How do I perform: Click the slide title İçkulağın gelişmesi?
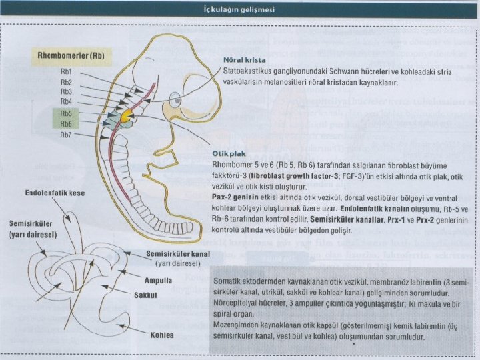(x=240, y=10)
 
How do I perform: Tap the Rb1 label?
(x=67, y=71)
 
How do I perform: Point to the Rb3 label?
(x=67, y=91)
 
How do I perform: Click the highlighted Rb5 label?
(x=67, y=113)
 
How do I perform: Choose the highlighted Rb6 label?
(x=67, y=124)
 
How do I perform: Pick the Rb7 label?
(x=67, y=135)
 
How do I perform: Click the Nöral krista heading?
(x=241, y=59)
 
